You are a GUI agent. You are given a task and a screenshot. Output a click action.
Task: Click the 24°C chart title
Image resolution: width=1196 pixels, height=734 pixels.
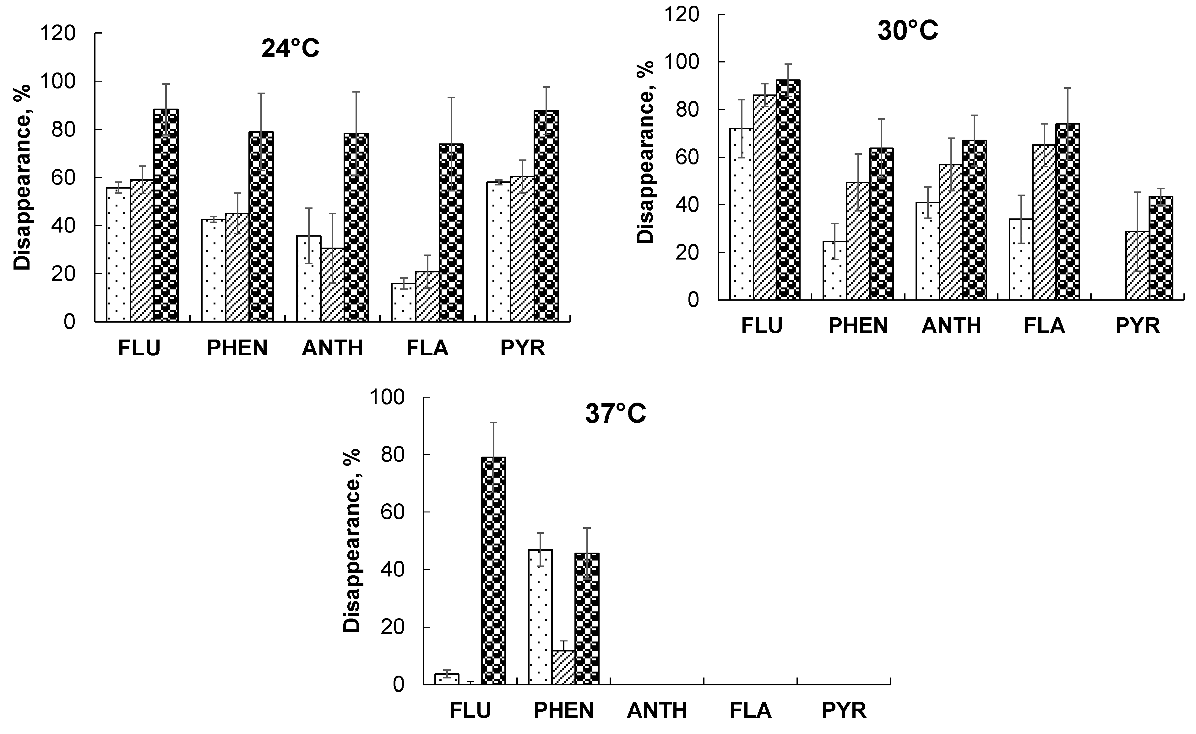(x=291, y=49)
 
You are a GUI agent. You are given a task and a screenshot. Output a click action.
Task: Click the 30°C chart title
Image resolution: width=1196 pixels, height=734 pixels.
(x=907, y=30)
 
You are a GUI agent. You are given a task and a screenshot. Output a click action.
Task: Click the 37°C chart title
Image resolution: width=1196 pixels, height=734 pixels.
(x=616, y=414)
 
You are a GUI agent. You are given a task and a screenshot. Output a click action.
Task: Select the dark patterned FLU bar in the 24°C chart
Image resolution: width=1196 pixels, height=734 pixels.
(x=166, y=216)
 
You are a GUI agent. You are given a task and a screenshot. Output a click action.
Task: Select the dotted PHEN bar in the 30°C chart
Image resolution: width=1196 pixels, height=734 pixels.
(x=834, y=271)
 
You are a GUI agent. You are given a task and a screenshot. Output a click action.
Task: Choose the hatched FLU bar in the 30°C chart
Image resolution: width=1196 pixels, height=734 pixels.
(x=765, y=198)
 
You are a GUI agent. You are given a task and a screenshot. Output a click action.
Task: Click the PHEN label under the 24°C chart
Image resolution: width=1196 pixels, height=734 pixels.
(x=237, y=348)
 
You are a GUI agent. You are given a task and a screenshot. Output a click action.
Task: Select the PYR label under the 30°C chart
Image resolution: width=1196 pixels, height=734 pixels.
(x=1137, y=325)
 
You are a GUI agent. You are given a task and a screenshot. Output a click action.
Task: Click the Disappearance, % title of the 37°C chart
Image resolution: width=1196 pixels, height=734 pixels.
(x=352, y=540)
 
